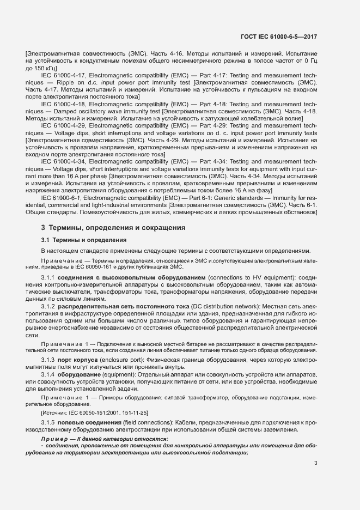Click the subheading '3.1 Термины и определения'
84,240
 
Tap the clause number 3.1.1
50,278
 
